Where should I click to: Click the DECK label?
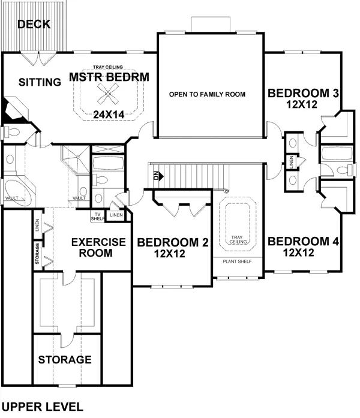(34, 25)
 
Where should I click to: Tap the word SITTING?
(39, 82)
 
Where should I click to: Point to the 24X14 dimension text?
(109, 113)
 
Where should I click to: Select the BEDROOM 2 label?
(172, 243)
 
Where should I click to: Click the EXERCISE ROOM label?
(98, 248)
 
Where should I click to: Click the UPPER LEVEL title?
(42, 407)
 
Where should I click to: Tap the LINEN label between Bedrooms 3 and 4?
(291, 162)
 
